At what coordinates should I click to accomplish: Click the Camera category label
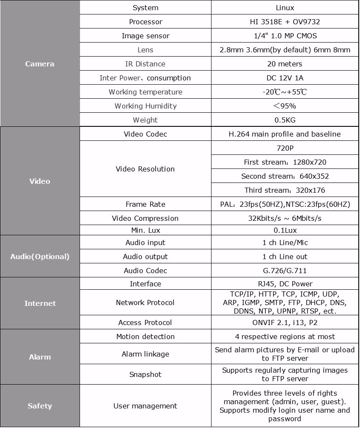pyautogui.click(x=40, y=64)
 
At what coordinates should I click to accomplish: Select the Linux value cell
pyautogui.click(x=285, y=8)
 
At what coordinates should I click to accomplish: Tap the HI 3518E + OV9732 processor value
pyautogui.click(x=285, y=22)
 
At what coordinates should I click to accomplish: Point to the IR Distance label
pyautogui.click(x=145, y=64)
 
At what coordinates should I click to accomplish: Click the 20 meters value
pyautogui.click(x=285, y=64)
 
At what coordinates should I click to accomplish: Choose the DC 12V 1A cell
pyautogui.click(x=285, y=78)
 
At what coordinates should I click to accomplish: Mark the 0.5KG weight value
pyautogui.click(x=285, y=120)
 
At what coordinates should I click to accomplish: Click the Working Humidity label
pyautogui.click(x=145, y=106)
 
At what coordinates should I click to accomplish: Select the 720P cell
pyautogui.click(x=285, y=148)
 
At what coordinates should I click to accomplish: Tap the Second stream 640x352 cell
pyautogui.click(x=285, y=176)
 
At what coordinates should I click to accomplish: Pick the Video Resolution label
pyautogui.click(x=145, y=169)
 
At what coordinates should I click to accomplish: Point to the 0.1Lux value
pyautogui.click(x=285, y=230)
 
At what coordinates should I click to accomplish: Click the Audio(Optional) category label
pyautogui.click(x=40, y=257)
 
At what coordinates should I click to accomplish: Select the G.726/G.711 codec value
pyautogui.click(x=285, y=271)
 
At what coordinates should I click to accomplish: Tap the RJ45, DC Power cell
pyautogui.click(x=285, y=284)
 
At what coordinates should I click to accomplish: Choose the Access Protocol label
pyautogui.click(x=145, y=322)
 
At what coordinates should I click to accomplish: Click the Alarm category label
pyautogui.click(x=40, y=357)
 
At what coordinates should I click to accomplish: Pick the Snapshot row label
pyautogui.click(x=145, y=374)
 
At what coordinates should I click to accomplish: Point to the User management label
pyautogui.click(x=145, y=406)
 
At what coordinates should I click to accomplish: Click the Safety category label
pyautogui.click(x=40, y=406)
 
